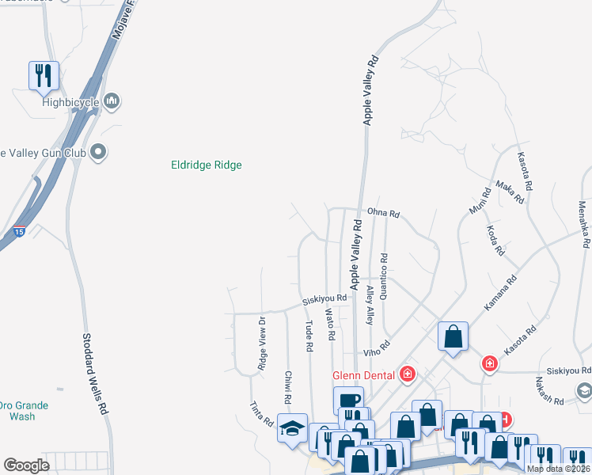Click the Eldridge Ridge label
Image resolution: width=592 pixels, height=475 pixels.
pos(206,165)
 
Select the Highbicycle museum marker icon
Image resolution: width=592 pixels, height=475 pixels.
pos(112,101)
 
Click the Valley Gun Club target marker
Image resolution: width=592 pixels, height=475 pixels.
pos(99,151)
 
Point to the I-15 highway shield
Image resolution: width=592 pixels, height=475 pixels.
pos(18,232)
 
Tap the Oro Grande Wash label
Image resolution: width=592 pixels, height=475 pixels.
pos(22,410)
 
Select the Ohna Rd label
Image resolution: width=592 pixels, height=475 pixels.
pos(383,214)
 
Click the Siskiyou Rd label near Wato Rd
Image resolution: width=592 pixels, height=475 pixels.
pos(324,299)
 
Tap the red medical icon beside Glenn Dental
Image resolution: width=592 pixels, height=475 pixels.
pos(407,373)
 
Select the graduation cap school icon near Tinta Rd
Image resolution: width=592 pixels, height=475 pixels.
pos(292,429)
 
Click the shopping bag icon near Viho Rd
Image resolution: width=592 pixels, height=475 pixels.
pos(453,336)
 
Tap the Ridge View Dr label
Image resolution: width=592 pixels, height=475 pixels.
pos(261,344)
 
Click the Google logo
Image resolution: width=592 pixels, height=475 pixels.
pos(26,465)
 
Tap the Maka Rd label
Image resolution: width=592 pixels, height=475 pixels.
pos(510,192)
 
